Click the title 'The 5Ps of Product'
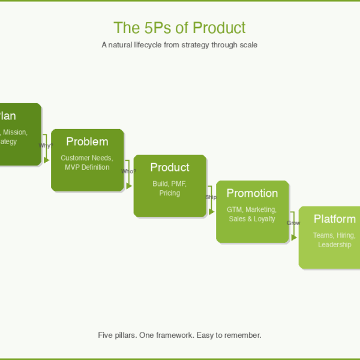(x=179, y=28)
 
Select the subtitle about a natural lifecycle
(x=179, y=45)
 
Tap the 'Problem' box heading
(x=87, y=142)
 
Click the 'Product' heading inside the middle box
(x=170, y=167)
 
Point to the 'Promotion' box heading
(x=252, y=193)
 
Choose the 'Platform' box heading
(x=334, y=219)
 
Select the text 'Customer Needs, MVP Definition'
(x=87, y=163)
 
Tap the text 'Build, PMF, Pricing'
(x=170, y=188)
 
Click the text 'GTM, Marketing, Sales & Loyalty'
(x=252, y=214)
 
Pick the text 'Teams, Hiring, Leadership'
(x=334, y=240)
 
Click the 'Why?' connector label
(x=46, y=145)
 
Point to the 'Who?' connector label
(x=128, y=171)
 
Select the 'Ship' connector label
(x=211, y=197)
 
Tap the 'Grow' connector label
(x=293, y=223)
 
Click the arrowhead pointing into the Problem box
(x=47, y=160)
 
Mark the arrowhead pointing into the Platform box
(x=294, y=238)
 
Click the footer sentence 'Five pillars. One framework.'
(x=179, y=335)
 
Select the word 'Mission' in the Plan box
(x=15, y=132)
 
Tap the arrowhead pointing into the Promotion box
(x=212, y=212)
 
